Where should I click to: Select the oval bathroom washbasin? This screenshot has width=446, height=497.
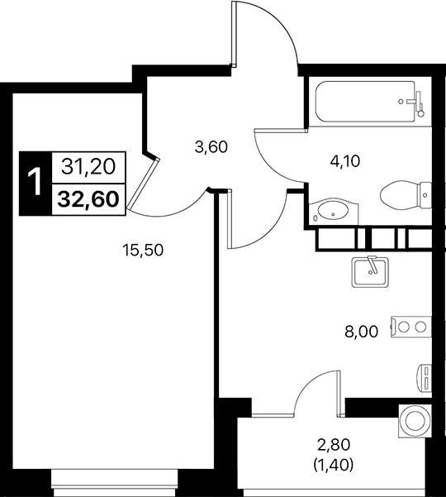pos(332,210)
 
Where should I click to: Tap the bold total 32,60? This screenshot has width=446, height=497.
pos(88,198)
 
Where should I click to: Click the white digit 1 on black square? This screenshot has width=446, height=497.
pos(34,183)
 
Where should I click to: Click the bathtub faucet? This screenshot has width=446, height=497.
pos(418,103)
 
